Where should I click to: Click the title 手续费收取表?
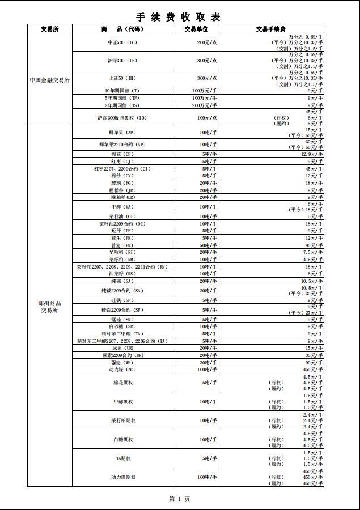[x=179, y=16]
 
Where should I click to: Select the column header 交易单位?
[x=196, y=29]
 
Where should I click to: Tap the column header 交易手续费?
[x=270, y=29]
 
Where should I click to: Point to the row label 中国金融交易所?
[x=50, y=80]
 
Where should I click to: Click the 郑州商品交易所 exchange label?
[x=50, y=307]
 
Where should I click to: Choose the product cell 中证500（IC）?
[x=123, y=42]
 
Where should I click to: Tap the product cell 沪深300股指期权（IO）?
[x=122, y=118]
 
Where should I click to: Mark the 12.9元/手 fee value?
[x=312, y=154]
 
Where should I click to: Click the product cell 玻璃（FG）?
[x=123, y=183]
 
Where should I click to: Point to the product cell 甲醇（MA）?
[x=123, y=207]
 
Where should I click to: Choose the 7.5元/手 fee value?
[x=313, y=252]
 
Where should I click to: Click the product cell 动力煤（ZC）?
[x=123, y=369]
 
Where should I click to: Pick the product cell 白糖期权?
[x=123, y=439]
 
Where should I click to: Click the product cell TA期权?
[x=123, y=458]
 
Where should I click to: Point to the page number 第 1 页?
[x=179, y=499]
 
